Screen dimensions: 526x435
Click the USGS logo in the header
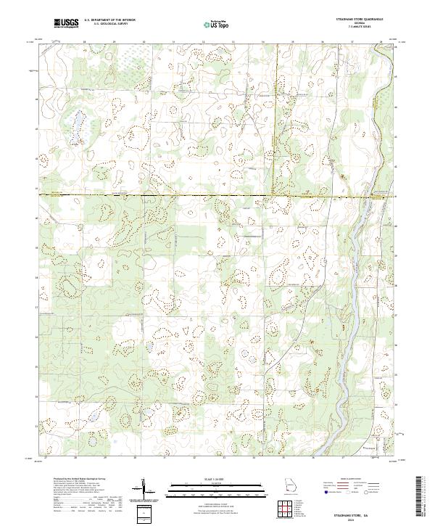click(66, 24)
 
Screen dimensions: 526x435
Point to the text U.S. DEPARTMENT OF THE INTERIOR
click(109, 21)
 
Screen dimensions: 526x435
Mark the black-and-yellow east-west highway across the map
click(181, 195)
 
